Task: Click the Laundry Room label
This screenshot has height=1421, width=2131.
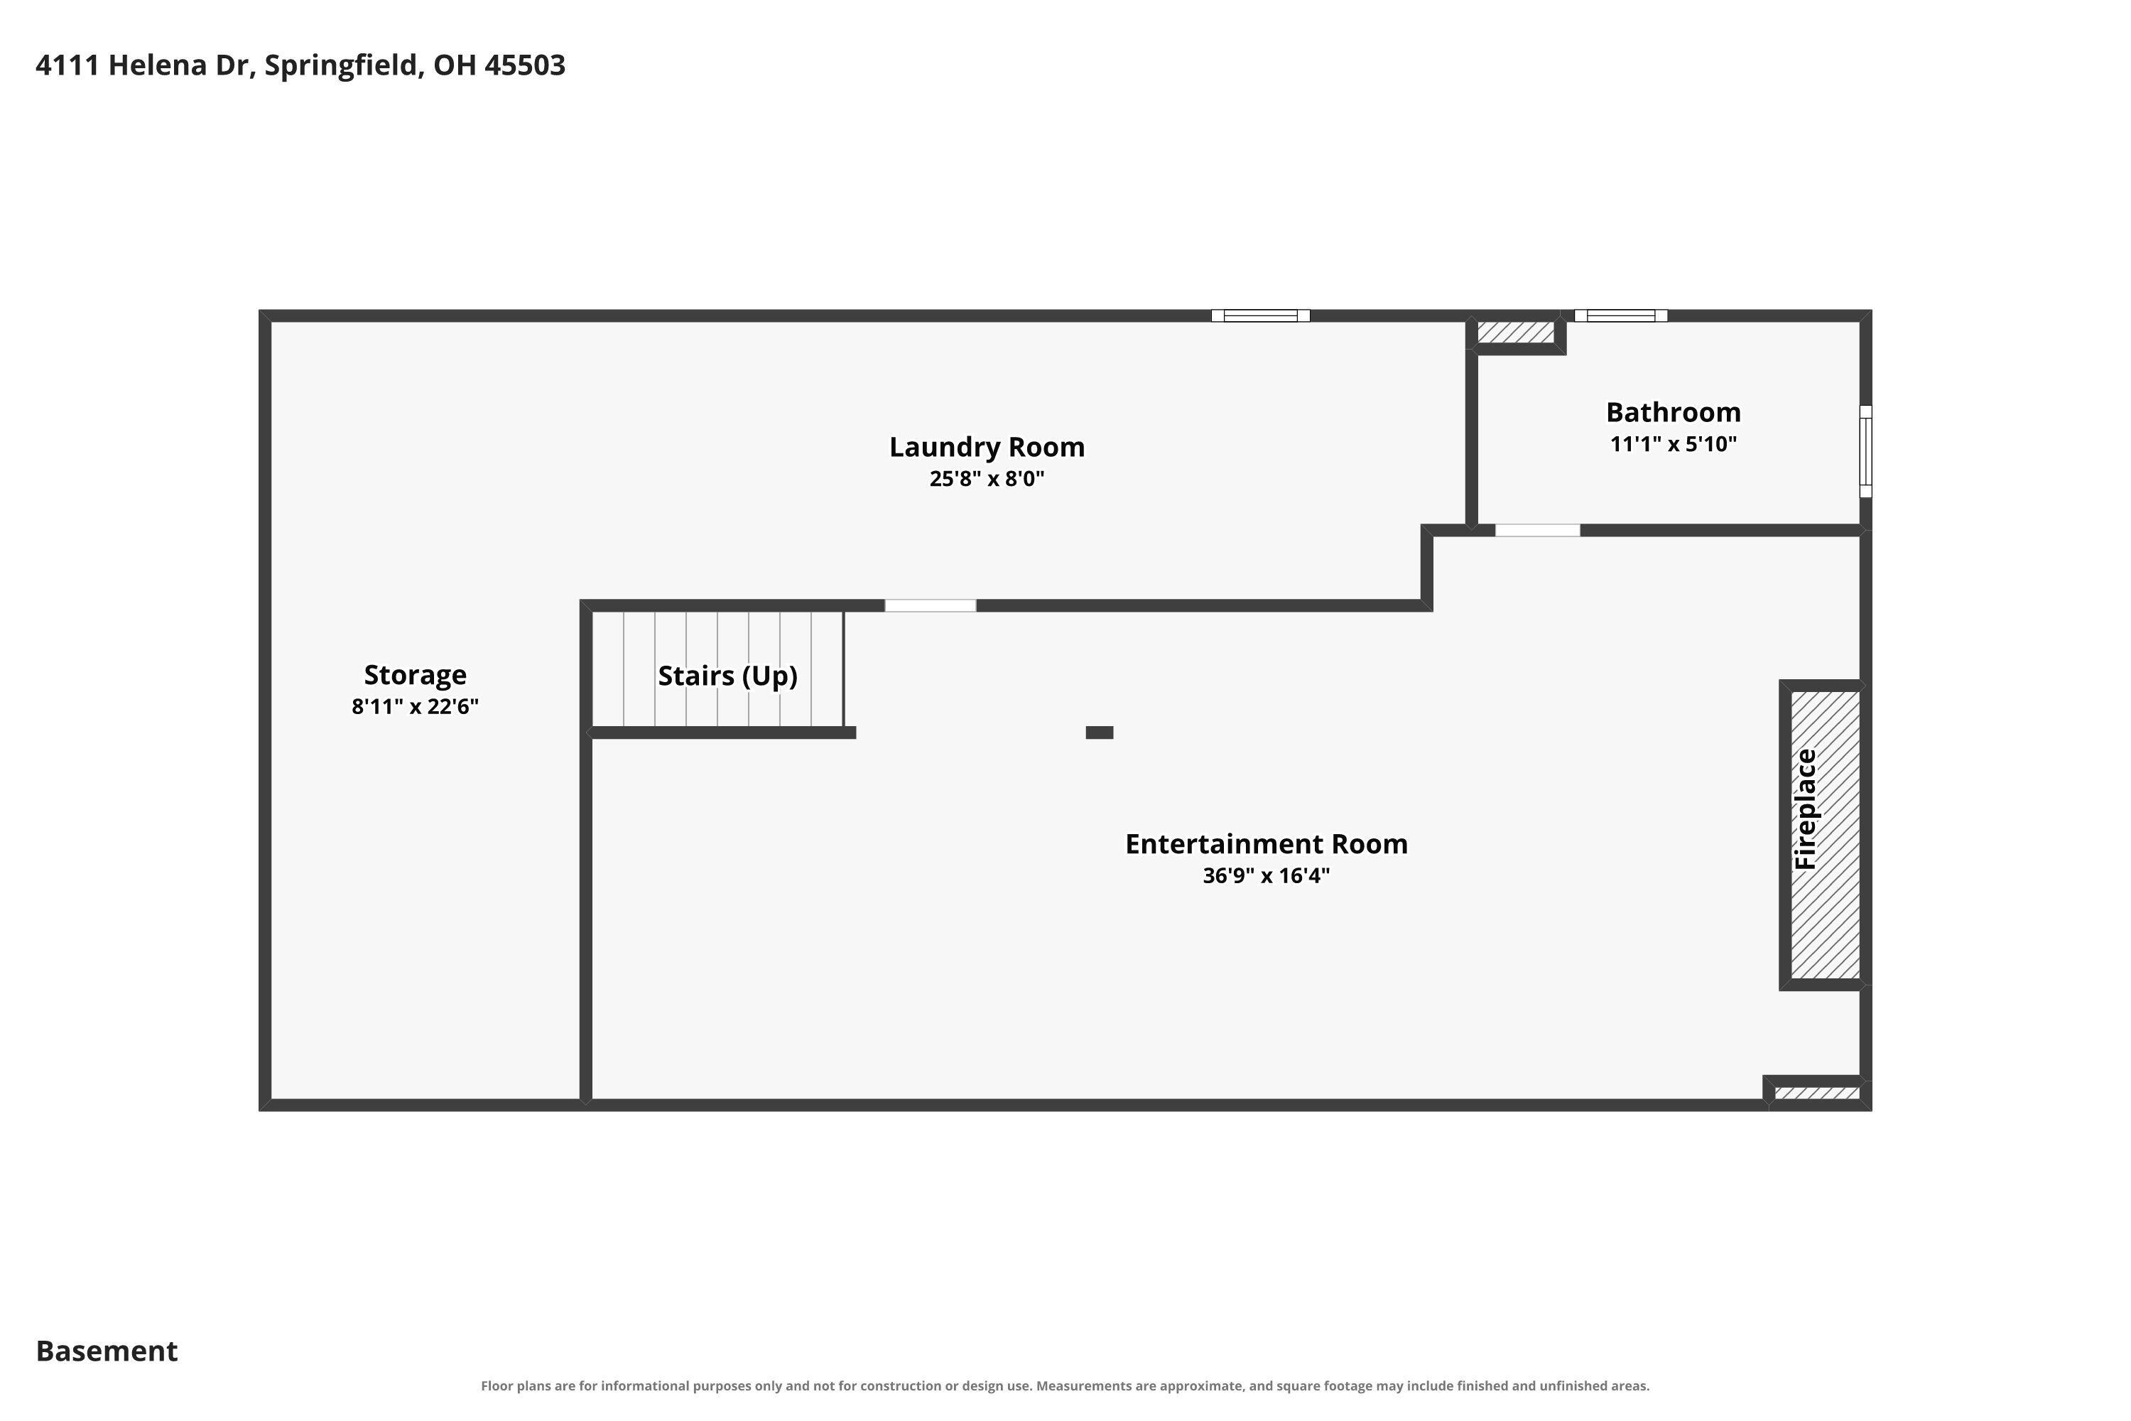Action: click(x=987, y=447)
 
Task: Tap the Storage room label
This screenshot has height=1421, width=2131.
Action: click(x=415, y=675)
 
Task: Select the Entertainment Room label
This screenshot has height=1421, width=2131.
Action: click(x=1266, y=844)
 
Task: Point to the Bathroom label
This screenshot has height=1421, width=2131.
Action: click(x=1674, y=412)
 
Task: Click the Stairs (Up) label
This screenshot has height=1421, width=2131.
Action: click(x=727, y=676)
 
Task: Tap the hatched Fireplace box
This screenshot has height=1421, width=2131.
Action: click(x=1825, y=835)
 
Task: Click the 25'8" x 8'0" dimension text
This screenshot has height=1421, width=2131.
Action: click(x=987, y=478)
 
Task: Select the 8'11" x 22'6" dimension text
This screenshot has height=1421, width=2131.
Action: click(x=415, y=706)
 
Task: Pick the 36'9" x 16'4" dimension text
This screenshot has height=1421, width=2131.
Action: click(x=1266, y=875)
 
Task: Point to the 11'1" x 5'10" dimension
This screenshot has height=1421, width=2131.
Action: click(x=1674, y=444)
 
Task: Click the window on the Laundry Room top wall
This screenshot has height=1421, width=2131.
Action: click(x=1260, y=315)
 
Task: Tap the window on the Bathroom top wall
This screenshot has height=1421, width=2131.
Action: click(x=1621, y=315)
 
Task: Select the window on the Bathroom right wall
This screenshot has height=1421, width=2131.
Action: click(x=1865, y=451)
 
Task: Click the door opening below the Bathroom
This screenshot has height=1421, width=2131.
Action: click(x=1538, y=530)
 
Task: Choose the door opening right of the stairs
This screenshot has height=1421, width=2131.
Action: click(x=931, y=605)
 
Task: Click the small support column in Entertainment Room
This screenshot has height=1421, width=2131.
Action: click(x=1099, y=733)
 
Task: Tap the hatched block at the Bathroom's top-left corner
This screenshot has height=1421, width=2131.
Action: click(x=1516, y=333)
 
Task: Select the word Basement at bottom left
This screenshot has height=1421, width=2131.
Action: click(x=107, y=1351)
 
